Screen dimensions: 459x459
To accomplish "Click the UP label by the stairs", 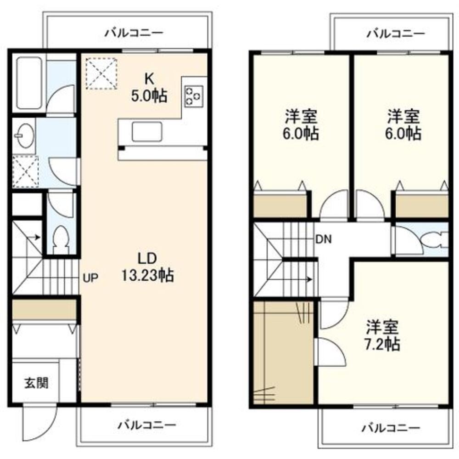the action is click(x=90, y=278).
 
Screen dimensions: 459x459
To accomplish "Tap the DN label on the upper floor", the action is click(x=324, y=239).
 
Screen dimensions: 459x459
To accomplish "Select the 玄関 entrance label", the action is click(x=36, y=383).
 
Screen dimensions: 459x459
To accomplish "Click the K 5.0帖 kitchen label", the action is click(x=149, y=87).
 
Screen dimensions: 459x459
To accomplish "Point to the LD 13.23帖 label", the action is click(x=147, y=267).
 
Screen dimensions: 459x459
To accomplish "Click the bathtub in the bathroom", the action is click(x=29, y=83).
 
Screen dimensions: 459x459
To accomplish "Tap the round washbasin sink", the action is click(x=25, y=136).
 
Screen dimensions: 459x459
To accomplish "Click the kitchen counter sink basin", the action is click(x=147, y=131).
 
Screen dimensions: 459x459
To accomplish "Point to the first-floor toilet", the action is click(x=62, y=239).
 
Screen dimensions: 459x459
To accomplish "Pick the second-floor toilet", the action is click(x=434, y=239).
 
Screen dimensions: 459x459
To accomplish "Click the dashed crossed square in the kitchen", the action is click(x=101, y=73).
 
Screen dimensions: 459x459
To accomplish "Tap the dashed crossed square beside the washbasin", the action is click(x=25, y=172).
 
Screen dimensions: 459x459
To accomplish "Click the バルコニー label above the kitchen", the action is click(x=134, y=32).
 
